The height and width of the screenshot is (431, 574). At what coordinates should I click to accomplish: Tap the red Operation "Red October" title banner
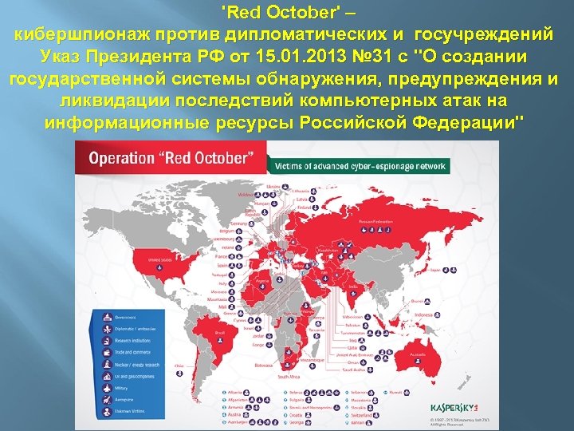point(171,159)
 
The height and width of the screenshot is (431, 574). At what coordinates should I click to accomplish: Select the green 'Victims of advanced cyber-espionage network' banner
point(360,166)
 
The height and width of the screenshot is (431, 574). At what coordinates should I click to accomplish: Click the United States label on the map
point(159,260)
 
